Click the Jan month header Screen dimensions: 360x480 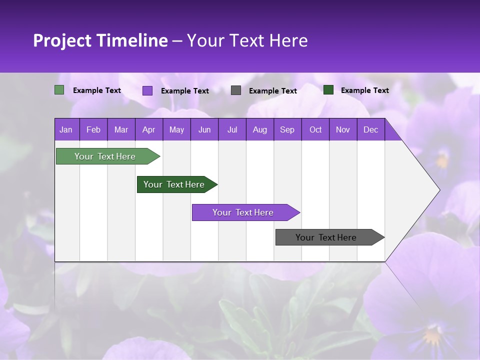coord(66,129)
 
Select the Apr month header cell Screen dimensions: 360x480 coord(149,129)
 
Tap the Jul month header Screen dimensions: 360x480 coord(232,129)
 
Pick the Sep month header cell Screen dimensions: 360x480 coord(287,129)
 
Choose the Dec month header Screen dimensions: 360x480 coord(370,129)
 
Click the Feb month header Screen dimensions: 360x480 coord(93,129)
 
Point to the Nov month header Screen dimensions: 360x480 coord(343,129)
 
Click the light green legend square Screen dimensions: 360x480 coord(59,90)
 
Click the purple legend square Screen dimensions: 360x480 coord(147,90)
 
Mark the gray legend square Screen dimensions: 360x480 coord(236,90)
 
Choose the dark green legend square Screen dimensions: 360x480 coord(328,90)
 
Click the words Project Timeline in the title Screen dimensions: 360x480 coord(100,40)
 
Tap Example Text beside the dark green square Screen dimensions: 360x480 coord(364,90)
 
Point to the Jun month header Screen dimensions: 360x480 coord(204,129)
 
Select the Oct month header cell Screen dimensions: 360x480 coord(315,129)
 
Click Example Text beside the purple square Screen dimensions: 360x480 coord(184,91)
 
